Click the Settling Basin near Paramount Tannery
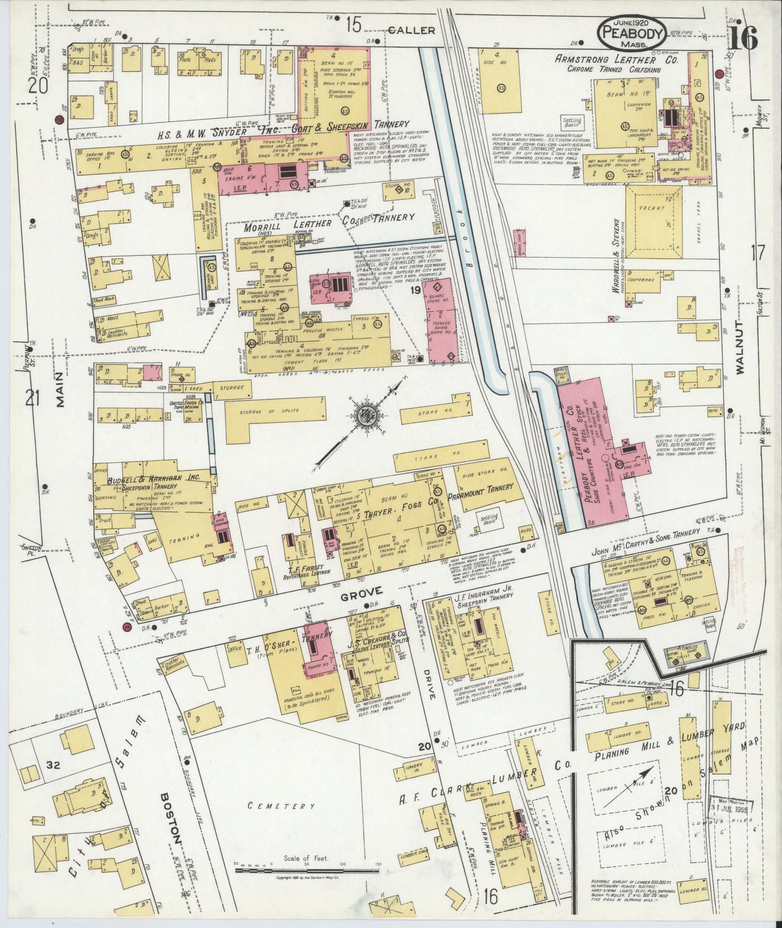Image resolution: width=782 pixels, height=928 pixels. pos(489,520)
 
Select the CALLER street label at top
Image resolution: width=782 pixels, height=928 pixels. pos(411,30)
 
